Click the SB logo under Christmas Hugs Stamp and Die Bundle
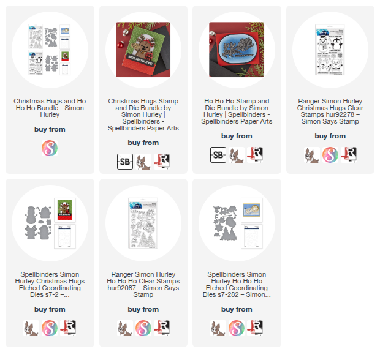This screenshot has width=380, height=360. tap(125, 162)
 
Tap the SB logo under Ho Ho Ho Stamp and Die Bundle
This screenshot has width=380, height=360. tap(218, 155)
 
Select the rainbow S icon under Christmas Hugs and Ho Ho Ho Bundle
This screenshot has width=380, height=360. tap(50, 148)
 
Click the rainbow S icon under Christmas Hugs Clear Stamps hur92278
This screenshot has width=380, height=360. tap(330, 155)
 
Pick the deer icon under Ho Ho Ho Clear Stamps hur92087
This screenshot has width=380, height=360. tap(125, 328)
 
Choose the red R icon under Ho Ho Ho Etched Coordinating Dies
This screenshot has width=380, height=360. tap(255, 328)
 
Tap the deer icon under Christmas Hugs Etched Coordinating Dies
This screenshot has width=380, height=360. tap(31, 328)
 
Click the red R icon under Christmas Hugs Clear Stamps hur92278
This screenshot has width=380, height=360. tap(349, 155)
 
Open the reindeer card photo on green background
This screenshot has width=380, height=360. tap(143, 50)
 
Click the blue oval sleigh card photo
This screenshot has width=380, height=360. tap(237, 50)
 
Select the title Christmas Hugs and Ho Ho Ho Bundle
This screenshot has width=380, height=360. tap(50, 108)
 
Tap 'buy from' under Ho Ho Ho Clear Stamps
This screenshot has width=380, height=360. tap(143, 309)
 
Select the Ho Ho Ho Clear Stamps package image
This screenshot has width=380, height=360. tap(143, 223)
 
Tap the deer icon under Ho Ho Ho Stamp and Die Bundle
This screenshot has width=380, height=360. tap(237, 155)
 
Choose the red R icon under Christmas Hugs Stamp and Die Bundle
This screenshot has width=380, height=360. tap(162, 162)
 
